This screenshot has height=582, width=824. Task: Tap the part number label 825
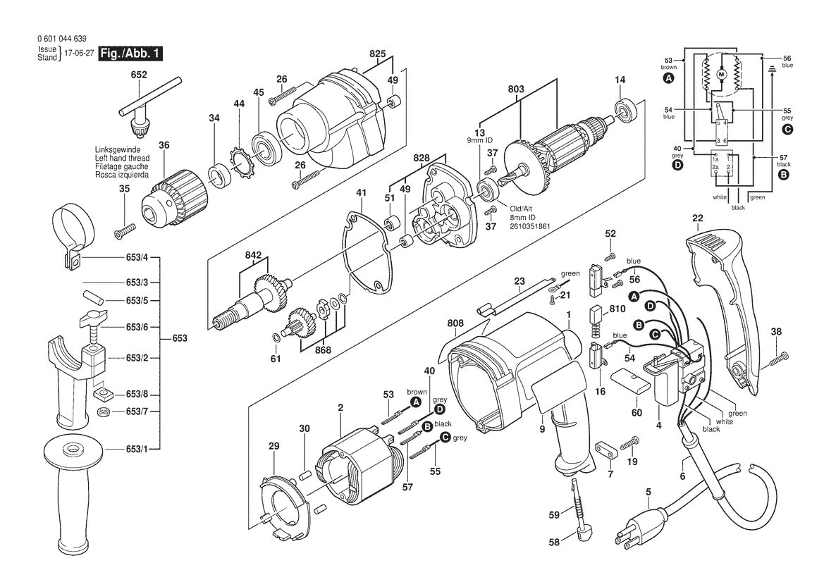click(x=377, y=54)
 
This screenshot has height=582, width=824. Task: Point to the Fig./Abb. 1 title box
click(x=130, y=54)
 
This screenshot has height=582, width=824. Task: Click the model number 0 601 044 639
click(x=62, y=39)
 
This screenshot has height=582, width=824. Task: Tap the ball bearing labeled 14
click(x=625, y=111)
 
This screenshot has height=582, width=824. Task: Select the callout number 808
click(x=455, y=324)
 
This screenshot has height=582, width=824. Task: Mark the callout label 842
click(x=254, y=256)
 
